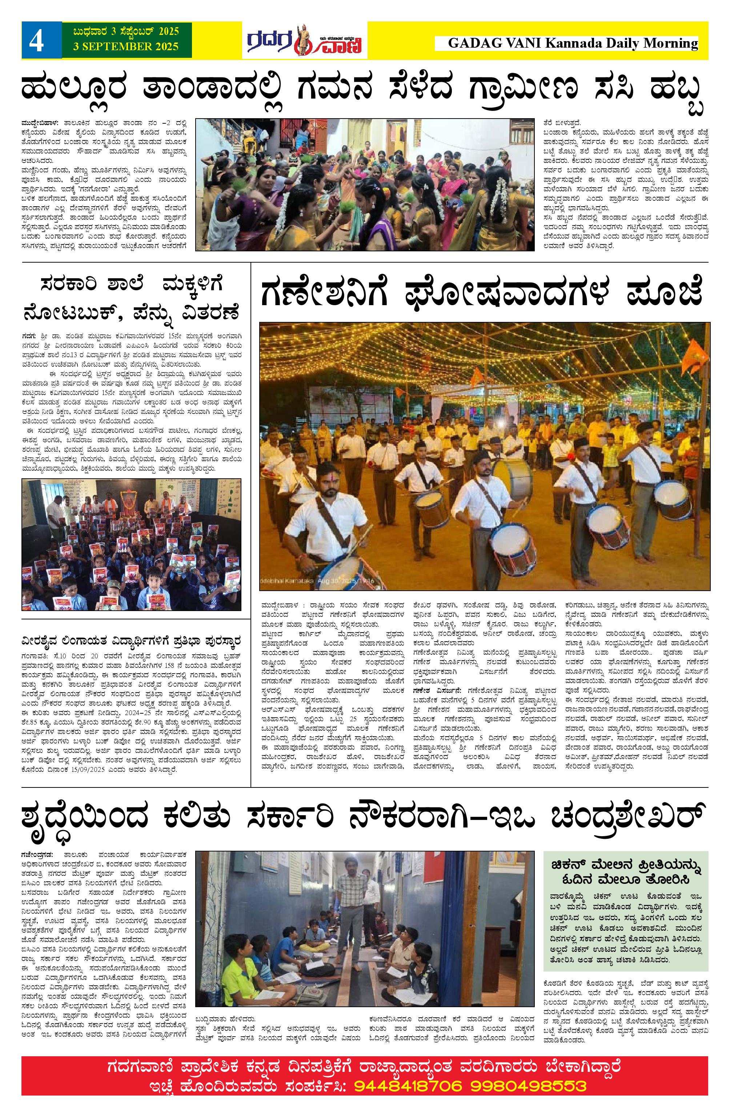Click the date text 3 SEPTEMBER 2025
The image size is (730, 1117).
point(126,47)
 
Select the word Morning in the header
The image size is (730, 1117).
point(670,44)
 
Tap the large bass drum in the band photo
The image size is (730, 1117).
point(512,479)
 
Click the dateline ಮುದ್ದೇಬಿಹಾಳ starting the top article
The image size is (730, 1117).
point(39,123)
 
